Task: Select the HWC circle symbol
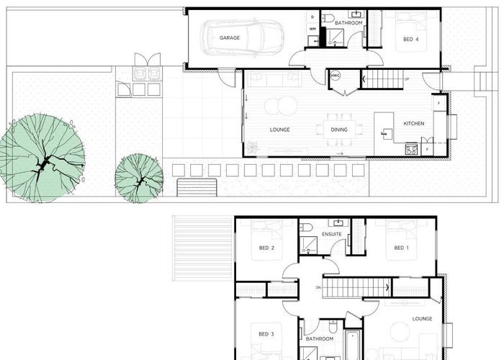tap(336, 75)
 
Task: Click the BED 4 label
tap(409, 40)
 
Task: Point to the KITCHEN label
tap(413, 124)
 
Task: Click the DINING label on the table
tap(339, 130)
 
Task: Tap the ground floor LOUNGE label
tap(279, 130)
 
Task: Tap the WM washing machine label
tap(312, 29)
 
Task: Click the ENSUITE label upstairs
tap(332, 235)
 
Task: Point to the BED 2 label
tap(266, 248)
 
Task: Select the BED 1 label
tap(401, 248)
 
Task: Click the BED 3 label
tap(266, 334)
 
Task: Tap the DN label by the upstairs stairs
tap(318, 288)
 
